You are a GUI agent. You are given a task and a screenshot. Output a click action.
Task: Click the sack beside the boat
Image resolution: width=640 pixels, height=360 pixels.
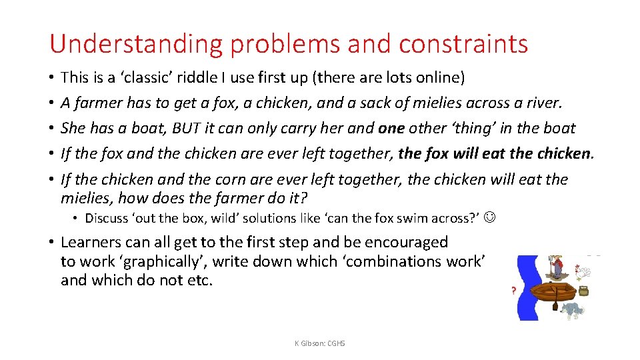[584, 291]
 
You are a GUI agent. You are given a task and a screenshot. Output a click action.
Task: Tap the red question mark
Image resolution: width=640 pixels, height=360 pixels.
[513, 291]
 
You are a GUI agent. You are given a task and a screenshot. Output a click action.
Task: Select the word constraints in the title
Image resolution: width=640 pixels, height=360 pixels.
[463, 45]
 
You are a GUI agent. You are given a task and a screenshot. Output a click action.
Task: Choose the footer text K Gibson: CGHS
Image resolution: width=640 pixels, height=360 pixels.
[320, 343]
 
